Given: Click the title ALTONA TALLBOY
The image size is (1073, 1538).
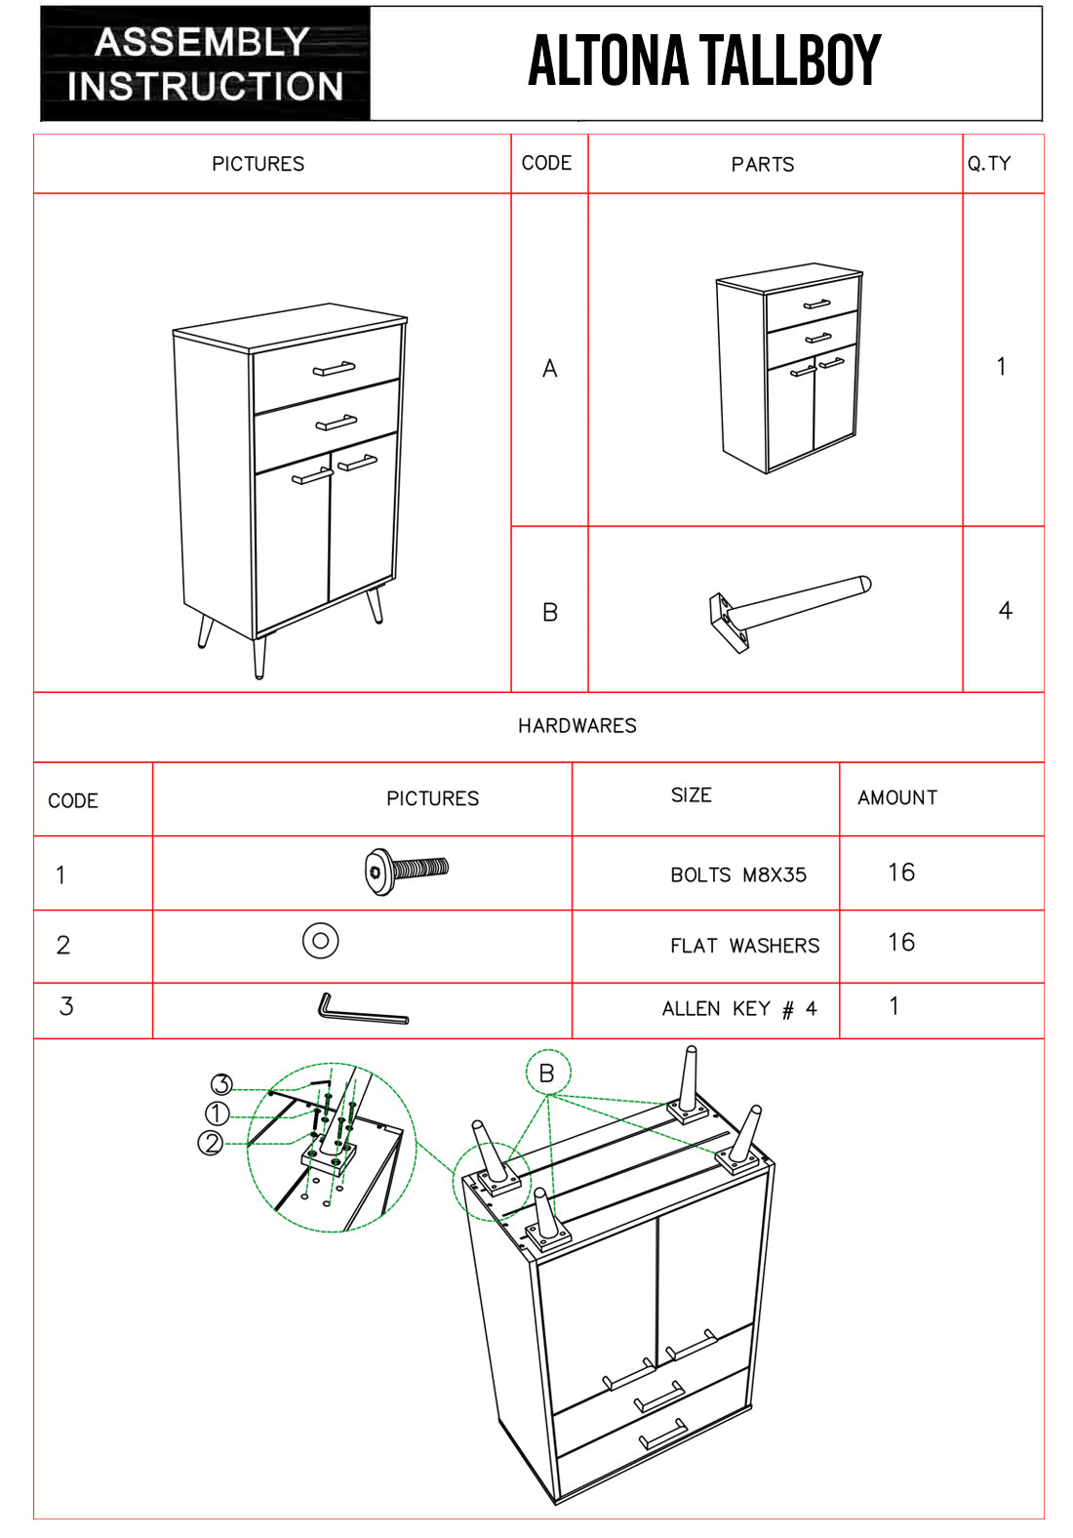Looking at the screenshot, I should [x=704, y=61].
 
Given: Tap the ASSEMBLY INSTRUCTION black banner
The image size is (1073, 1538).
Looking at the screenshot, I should [x=205, y=64].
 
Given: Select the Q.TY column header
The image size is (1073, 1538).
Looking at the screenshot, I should [x=989, y=164].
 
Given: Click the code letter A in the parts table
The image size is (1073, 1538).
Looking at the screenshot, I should [x=550, y=369].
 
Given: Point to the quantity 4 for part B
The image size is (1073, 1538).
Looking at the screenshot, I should [x=1005, y=611].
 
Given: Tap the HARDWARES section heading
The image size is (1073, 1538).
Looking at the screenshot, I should [x=576, y=726].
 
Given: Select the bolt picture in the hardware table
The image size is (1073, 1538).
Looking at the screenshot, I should [x=406, y=870].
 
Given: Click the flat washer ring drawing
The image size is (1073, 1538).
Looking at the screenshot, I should [x=321, y=941].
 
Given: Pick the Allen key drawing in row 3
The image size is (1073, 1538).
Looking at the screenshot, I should [x=362, y=1009].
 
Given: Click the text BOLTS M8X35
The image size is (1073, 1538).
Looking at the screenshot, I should [x=738, y=875].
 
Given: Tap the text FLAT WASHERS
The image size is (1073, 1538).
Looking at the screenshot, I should [x=744, y=946].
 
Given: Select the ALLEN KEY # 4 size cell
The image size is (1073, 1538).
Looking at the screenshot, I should [x=739, y=1009].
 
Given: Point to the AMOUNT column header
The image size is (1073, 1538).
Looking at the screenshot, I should [x=897, y=798].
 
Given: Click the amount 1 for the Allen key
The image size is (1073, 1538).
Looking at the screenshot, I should [x=894, y=1006].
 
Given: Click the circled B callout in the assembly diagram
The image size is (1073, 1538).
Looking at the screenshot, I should [x=547, y=1073].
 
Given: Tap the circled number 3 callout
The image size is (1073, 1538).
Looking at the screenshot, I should [x=221, y=1084].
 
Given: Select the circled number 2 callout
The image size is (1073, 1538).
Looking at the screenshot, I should [x=211, y=1142].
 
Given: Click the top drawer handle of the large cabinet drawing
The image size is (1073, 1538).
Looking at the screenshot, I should [x=334, y=368].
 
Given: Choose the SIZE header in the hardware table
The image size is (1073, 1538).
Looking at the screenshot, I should [x=691, y=795].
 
